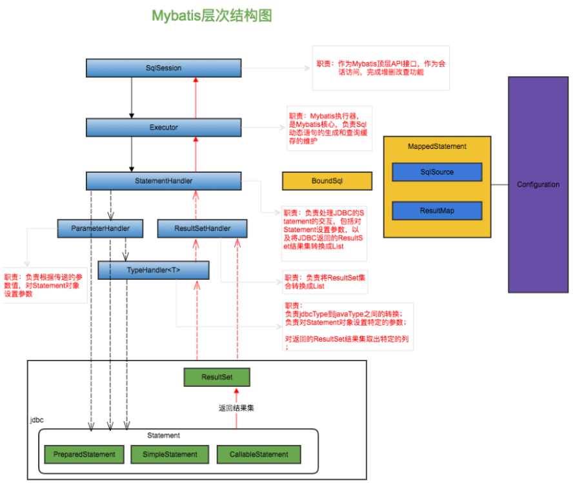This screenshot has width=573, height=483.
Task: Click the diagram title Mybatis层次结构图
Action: [x=212, y=16]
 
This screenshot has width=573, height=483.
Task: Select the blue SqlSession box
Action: [x=163, y=68]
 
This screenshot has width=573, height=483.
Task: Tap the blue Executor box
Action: [x=163, y=127]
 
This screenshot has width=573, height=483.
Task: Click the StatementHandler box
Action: [x=163, y=181]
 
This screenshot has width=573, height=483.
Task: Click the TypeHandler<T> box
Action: [x=153, y=270]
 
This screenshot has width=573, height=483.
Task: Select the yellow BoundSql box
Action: [x=327, y=181]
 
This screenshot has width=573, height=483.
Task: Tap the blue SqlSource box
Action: [x=437, y=172]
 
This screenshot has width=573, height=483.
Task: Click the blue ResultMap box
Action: [x=437, y=210]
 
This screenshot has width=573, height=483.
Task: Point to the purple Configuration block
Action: [x=538, y=184]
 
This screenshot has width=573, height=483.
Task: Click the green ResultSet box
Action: [x=217, y=377]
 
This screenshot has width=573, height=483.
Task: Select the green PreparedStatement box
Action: [x=84, y=454]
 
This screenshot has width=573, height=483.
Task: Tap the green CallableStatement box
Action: [x=259, y=454]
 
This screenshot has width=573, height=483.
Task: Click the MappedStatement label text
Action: [x=437, y=146]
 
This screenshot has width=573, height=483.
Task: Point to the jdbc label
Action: [x=37, y=420]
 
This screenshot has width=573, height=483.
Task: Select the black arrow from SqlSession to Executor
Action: [x=132, y=97]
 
